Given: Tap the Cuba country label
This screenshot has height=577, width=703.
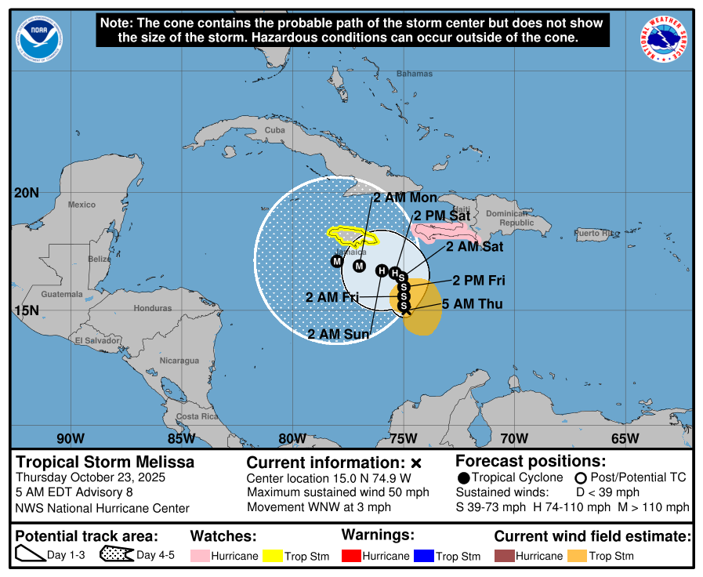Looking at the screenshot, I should (x=274, y=130).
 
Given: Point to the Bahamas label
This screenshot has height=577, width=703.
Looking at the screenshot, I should (x=414, y=74).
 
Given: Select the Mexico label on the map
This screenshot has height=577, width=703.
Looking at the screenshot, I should (x=81, y=205).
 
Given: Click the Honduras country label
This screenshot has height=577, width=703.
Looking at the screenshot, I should (x=152, y=308).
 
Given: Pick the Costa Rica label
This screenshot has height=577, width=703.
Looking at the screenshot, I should (x=197, y=416).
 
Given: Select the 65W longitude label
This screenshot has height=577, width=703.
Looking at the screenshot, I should (x=625, y=438).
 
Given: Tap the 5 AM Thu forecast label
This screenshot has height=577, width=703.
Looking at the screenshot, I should (x=473, y=304).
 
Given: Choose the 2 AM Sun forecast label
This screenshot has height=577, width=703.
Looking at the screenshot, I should (x=339, y=334).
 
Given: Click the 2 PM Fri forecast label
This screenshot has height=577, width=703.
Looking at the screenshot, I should (x=478, y=281).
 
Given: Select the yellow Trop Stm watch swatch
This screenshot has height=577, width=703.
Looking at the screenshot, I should (x=274, y=556).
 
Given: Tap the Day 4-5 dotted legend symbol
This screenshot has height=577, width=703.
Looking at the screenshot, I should (x=116, y=556).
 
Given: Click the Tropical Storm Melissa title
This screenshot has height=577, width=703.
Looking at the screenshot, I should (x=105, y=463).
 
